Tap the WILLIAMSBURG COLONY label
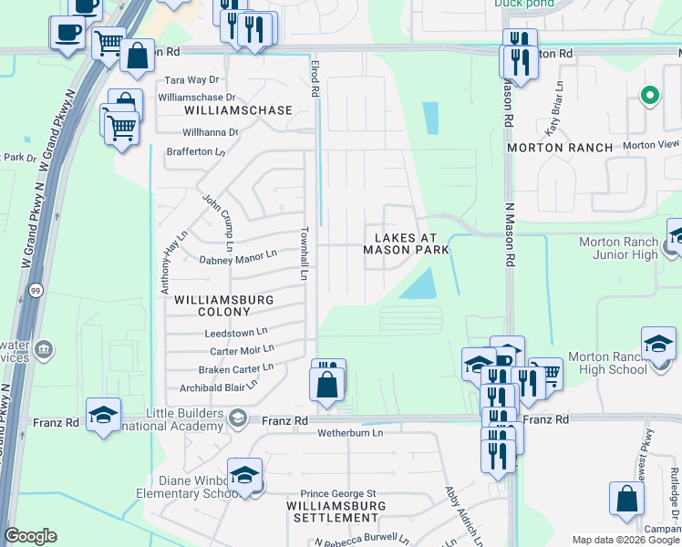(212, 305)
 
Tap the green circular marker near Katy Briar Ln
(649, 94)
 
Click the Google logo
(31, 536)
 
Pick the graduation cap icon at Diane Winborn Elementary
(244, 476)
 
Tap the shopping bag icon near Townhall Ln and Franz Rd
(327, 384)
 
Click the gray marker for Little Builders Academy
(237, 418)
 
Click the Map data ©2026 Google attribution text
(625, 540)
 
